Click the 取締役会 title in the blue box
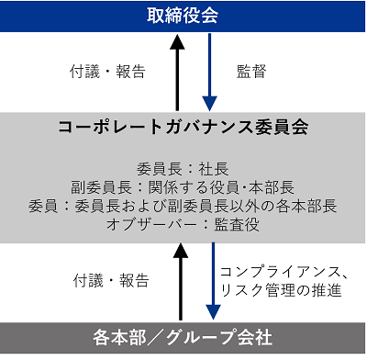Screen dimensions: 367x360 coord(183,16)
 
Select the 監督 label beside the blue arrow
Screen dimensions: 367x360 coord(251,72)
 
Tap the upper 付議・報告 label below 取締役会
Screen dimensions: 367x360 coord(107,72)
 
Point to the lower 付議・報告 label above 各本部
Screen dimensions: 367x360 coord(111,281)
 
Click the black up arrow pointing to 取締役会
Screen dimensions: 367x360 coord(177,72)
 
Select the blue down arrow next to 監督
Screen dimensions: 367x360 coord(209,72)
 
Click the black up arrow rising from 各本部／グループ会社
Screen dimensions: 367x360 coord(181,282)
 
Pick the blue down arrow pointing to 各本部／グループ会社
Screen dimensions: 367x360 coord(213,281)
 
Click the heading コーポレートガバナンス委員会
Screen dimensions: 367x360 coord(183,127)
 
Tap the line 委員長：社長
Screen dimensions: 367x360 coord(183,169)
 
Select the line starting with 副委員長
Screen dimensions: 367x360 coord(183,187)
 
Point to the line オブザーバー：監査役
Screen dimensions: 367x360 coord(183,224)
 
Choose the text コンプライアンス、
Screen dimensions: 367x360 coord(284,272)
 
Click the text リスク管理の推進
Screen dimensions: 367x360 coord(281,290)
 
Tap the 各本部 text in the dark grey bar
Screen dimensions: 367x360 coord(116,337)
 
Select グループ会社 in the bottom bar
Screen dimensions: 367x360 coord(219,337)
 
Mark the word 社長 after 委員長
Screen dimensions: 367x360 coord(214,169)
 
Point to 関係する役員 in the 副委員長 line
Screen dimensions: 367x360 coord(194,187)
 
